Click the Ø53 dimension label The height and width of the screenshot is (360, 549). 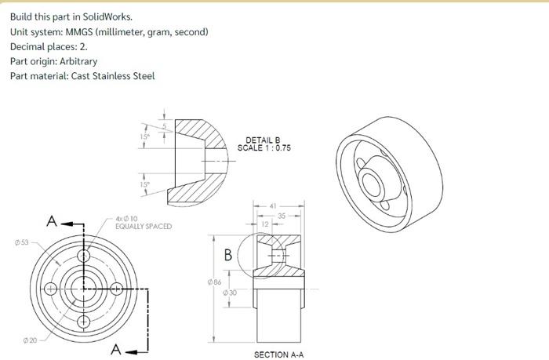tap(21, 242)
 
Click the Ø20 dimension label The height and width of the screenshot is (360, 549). tap(30, 340)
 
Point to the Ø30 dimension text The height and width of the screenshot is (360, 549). tap(231, 292)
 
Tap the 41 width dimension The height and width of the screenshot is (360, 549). tap(273, 206)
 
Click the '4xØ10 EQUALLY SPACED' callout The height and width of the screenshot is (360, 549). tap(142, 223)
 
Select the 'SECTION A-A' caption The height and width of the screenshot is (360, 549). tap(278, 355)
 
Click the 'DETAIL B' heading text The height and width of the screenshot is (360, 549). tap(263, 140)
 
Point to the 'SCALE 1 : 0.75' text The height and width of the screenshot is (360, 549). tap(264, 147)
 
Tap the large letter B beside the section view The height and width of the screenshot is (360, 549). tap(228, 255)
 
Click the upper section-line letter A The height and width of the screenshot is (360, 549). tap(52, 221)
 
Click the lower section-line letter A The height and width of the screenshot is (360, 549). tap(116, 349)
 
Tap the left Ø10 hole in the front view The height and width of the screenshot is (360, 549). tap(51, 289)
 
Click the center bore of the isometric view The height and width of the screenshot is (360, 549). tap(371, 182)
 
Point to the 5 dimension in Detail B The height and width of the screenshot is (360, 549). tap(164, 125)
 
